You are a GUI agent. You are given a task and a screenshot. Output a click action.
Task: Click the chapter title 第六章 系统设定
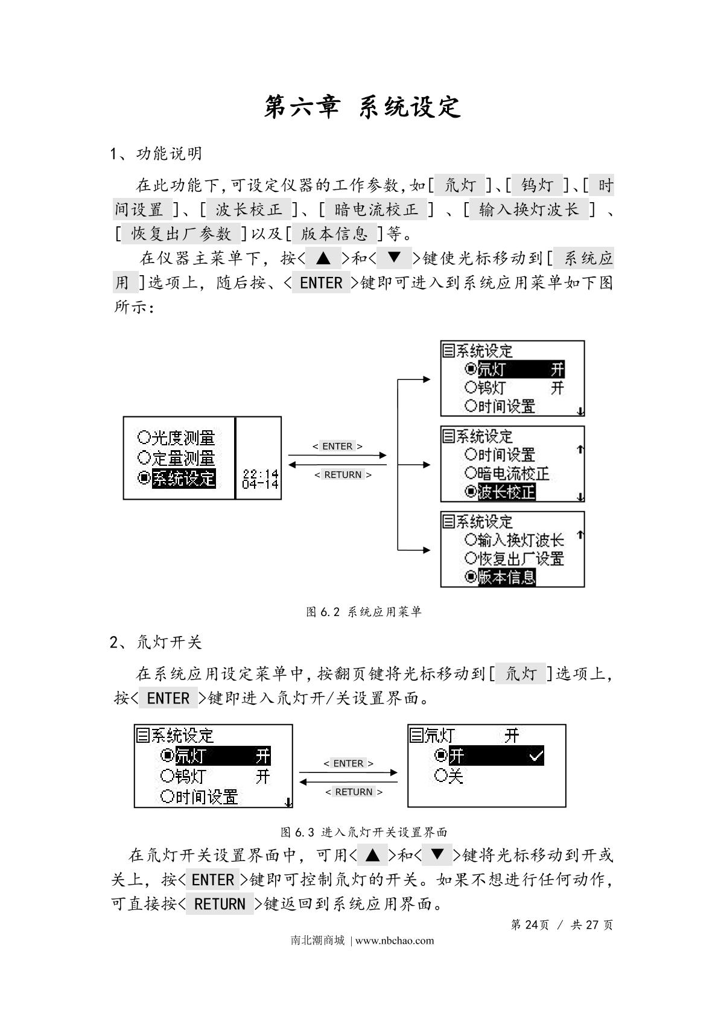pyautogui.click(x=362, y=107)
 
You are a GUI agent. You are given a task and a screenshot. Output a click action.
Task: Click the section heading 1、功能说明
pyautogui.click(x=156, y=154)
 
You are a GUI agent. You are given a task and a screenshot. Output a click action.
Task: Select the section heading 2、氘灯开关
pyautogui.click(x=156, y=642)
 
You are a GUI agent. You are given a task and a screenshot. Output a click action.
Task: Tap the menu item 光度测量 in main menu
pyautogui.click(x=183, y=437)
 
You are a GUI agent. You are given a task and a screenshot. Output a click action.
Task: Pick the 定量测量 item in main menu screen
pyautogui.click(x=183, y=458)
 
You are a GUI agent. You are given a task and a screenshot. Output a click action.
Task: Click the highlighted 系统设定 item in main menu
pyautogui.click(x=183, y=479)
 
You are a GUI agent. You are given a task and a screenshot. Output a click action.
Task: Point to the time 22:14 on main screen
pyautogui.click(x=260, y=475)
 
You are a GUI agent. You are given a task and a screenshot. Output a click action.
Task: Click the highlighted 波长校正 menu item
pyautogui.click(x=506, y=492)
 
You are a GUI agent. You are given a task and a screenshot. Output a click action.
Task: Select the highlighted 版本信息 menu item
pyautogui.click(x=506, y=577)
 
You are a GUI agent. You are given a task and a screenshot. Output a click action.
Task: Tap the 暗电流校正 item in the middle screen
pyautogui.click(x=513, y=474)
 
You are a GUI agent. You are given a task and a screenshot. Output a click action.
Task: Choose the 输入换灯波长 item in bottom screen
pyautogui.click(x=521, y=540)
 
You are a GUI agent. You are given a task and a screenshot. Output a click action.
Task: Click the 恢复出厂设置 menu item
pyautogui.click(x=521, y=559)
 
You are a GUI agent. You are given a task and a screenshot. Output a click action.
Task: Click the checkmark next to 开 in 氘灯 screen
pyautogui.click(x=536, y=755)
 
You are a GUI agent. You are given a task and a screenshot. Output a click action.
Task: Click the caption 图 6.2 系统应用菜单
pyautogui.click(x=363, y=612)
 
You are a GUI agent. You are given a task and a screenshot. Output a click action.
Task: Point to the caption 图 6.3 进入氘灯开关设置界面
pyautogui.click(x=363, y=832)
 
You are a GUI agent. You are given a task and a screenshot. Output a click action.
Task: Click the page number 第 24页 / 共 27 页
pyautogui.click(x=561, y=925)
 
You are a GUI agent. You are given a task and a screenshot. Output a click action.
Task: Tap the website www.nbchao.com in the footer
pyautogui.click(x=395, y=940)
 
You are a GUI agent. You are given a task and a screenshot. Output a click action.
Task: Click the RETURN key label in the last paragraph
pyautogui.click(x=220, y=904)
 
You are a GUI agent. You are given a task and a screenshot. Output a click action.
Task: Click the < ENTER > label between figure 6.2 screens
pyautogui.click(x=337, y=447)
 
